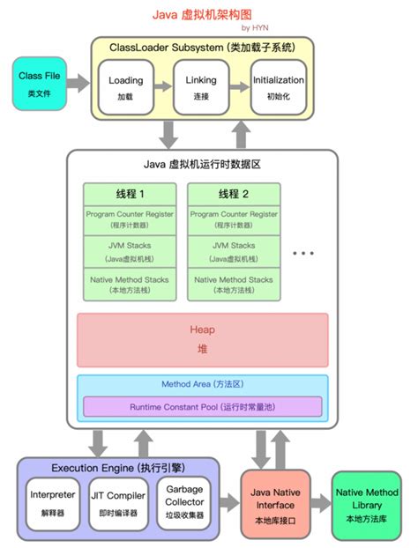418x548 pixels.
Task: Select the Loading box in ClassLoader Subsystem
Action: (125, 86)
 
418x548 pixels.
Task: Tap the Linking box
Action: (201, 86)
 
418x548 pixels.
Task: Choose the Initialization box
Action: (279, 86)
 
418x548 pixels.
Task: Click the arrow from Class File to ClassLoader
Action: (78, 84)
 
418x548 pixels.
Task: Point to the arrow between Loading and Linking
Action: (163, 86)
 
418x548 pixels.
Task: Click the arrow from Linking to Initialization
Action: (239, 86)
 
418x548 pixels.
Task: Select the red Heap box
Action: (202, 339)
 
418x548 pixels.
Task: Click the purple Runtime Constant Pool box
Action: (202, 407)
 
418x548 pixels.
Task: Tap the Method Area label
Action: (202, 385)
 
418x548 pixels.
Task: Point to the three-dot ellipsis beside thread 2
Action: (303, 253)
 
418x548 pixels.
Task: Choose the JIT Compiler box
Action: (117, 500)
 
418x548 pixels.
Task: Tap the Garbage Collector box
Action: (184, 500)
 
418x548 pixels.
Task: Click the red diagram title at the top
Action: (210, 13)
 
